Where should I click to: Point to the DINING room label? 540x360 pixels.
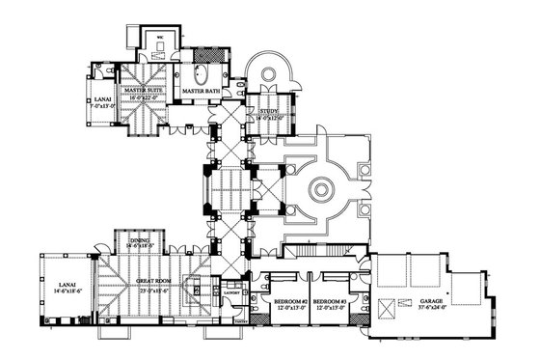[x=141, y=242]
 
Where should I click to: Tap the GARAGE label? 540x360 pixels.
[x=431, y=302]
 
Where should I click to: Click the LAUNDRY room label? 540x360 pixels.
[x=231, y=291]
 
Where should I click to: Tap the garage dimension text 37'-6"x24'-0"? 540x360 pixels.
[x=431, y=309]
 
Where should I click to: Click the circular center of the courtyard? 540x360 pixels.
[x=319, y=189]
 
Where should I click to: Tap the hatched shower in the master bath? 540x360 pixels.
[x=207, y=55]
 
